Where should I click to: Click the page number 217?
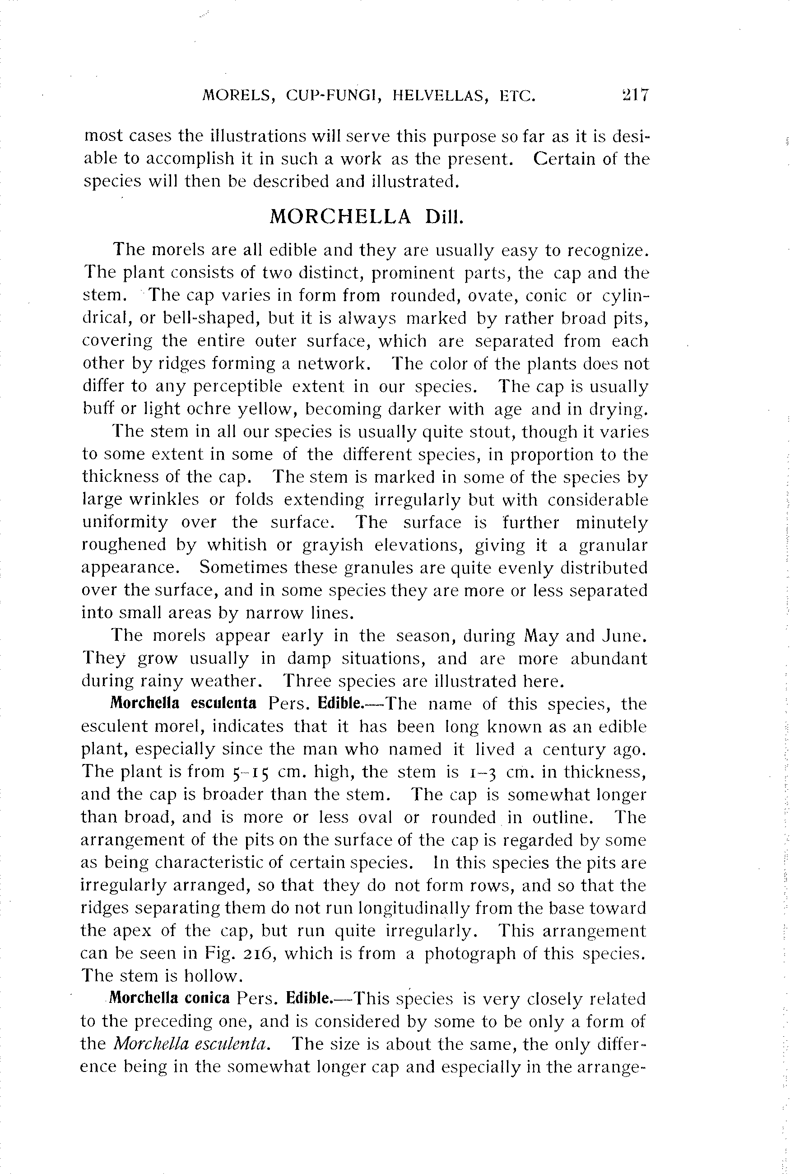pos(635,95)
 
